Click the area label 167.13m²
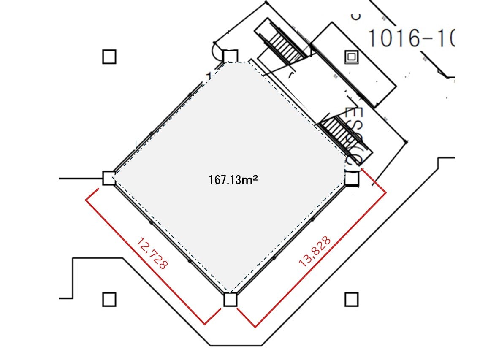coord(233,180)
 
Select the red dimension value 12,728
coord(152,253)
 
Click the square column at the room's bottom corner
coord(230,300)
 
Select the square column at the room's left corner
coord(109,178)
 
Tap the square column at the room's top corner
coord(231,56)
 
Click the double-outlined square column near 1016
coord(351,57)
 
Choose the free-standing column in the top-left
coord(109,57)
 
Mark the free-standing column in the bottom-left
coord(109,300)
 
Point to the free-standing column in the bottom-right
coord(351,300)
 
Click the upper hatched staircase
coord(287,43)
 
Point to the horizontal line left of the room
coord(80,179)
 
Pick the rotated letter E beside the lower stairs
coord(354,114)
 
